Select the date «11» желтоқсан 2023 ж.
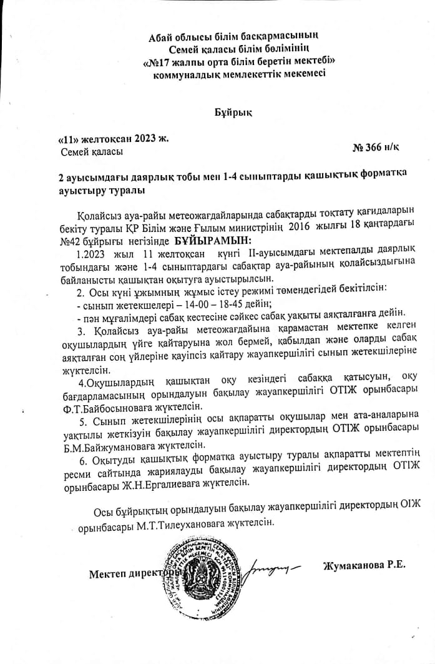click(112, 138)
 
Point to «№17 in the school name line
click(159, 62)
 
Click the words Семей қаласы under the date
click(92, 151)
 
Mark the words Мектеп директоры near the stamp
click(133, 573)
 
